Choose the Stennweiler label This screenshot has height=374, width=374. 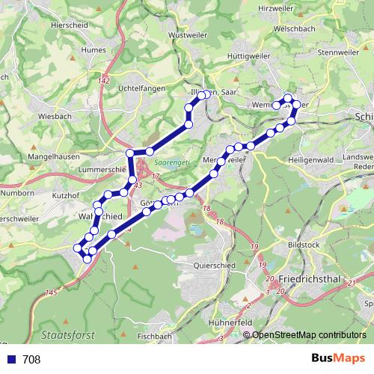click(338, 53)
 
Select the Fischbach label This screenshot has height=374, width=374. click(155, 337)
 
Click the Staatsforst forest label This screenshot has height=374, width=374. click(65, 334)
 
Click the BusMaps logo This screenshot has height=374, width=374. click(338, 359)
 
